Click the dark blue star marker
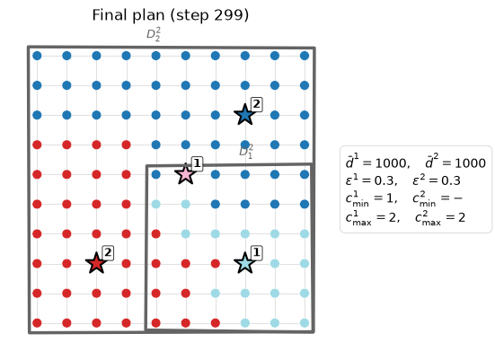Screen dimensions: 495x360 pyautogui.click(x=244, y=115)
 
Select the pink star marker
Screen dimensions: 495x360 pyautogui.click(x=185, y=174)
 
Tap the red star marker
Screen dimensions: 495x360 pyautogui.click(x=96, y=263)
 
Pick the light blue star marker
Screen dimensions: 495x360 pyautogui.click(x=244, y=263)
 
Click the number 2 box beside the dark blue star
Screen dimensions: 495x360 pyautogui.click(x=257, y=104)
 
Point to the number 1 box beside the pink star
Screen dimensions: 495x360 pyautogui.click(x=197, y=163)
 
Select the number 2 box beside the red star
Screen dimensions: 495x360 pyautogui.click(x=108, y=253)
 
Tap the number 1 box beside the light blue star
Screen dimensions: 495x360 pyautogui.click(x=257, y=253)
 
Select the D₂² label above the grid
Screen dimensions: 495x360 pyautogui.click(x=154, y=34)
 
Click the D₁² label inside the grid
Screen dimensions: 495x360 pyautogui.click(x=246, y=152)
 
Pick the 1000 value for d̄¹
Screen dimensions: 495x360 pyautogui.click(x=390, y=163)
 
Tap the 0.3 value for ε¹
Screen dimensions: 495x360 pyautogui.click(x=384, y=180)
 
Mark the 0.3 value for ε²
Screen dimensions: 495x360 pyautogui.click(x=451, y=180)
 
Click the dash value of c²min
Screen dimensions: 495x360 pyautogui.click(x=458, y=198)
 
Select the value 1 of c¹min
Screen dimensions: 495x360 pyautogui.click(x=390, y=198)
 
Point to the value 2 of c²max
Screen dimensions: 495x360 pyautogui.click(x=462, y=217)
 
